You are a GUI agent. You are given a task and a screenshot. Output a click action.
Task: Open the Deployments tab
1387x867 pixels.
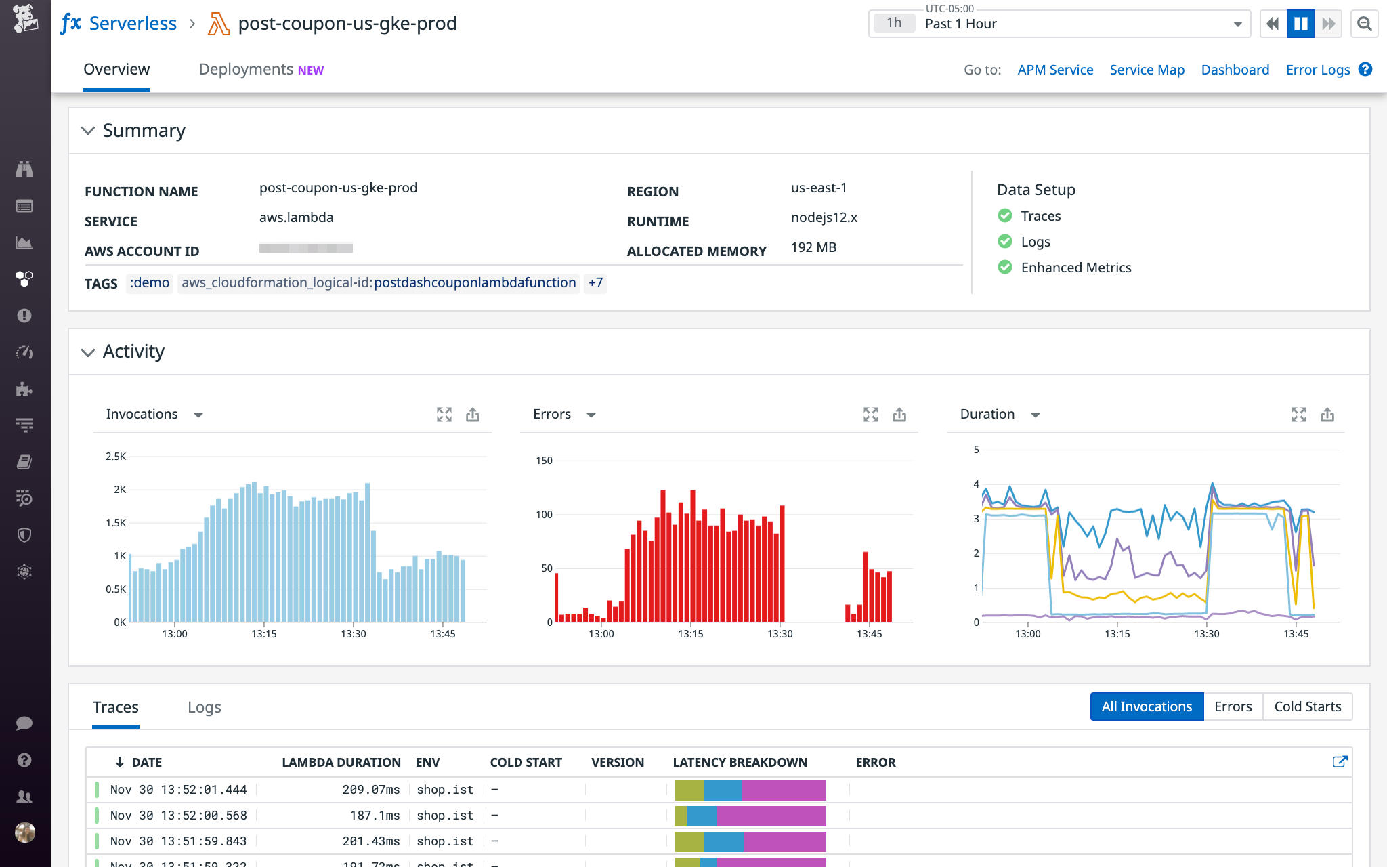261,70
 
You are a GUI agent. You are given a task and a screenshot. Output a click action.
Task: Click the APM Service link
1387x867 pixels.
1054,70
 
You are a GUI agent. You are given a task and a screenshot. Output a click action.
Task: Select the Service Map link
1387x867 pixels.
1147,70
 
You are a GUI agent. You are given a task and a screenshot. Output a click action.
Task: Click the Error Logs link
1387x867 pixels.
1317,70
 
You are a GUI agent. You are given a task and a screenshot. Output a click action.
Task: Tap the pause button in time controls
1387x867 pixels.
1300,24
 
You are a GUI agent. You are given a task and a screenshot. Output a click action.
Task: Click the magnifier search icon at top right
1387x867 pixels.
1365,24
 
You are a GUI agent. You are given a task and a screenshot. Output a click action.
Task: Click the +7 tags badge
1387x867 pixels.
595,282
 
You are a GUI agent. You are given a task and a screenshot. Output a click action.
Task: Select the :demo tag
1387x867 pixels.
150,282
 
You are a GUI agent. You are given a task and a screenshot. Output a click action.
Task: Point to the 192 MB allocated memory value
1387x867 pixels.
813,247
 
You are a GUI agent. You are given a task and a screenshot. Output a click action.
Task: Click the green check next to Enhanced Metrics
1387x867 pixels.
1005,268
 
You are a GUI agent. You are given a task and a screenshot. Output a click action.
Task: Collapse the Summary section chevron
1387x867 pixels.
88,131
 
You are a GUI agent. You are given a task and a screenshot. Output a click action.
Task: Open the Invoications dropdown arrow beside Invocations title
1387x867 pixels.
198,415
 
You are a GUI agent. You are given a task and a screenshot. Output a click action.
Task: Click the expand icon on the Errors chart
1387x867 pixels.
870,415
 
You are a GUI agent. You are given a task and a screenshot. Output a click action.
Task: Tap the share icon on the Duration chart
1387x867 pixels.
1327,415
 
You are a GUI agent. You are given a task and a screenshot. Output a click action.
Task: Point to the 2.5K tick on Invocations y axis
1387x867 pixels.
116,457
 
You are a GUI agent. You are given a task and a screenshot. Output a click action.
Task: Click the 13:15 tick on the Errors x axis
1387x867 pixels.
690,634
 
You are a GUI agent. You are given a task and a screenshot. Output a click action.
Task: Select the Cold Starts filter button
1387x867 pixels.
1307,706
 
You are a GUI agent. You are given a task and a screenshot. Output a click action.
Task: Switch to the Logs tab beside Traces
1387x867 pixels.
204,707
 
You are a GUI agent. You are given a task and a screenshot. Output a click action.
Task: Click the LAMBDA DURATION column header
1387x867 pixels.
341,762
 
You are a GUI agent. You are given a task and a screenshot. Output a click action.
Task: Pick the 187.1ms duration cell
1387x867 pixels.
375,816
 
